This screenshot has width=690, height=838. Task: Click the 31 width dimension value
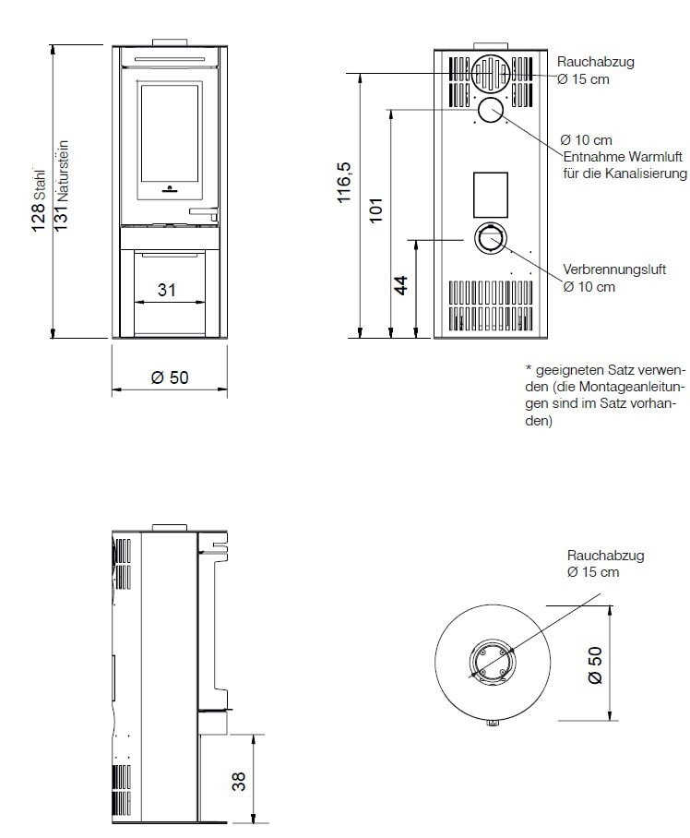[167, 290]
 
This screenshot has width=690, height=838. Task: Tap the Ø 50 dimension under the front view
[169, 378]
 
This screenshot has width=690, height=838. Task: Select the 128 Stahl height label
[39, 198]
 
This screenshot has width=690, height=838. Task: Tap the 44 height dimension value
[402, 285]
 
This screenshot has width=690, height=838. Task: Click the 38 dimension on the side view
[240, 781]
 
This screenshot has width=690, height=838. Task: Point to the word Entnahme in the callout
[588, 157]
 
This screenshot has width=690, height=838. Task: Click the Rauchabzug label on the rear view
[595, 62]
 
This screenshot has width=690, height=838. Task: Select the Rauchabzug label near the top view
[605, 557]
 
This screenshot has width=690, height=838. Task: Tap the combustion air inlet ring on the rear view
[490, 238]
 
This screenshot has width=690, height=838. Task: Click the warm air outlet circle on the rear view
[490, 111]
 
